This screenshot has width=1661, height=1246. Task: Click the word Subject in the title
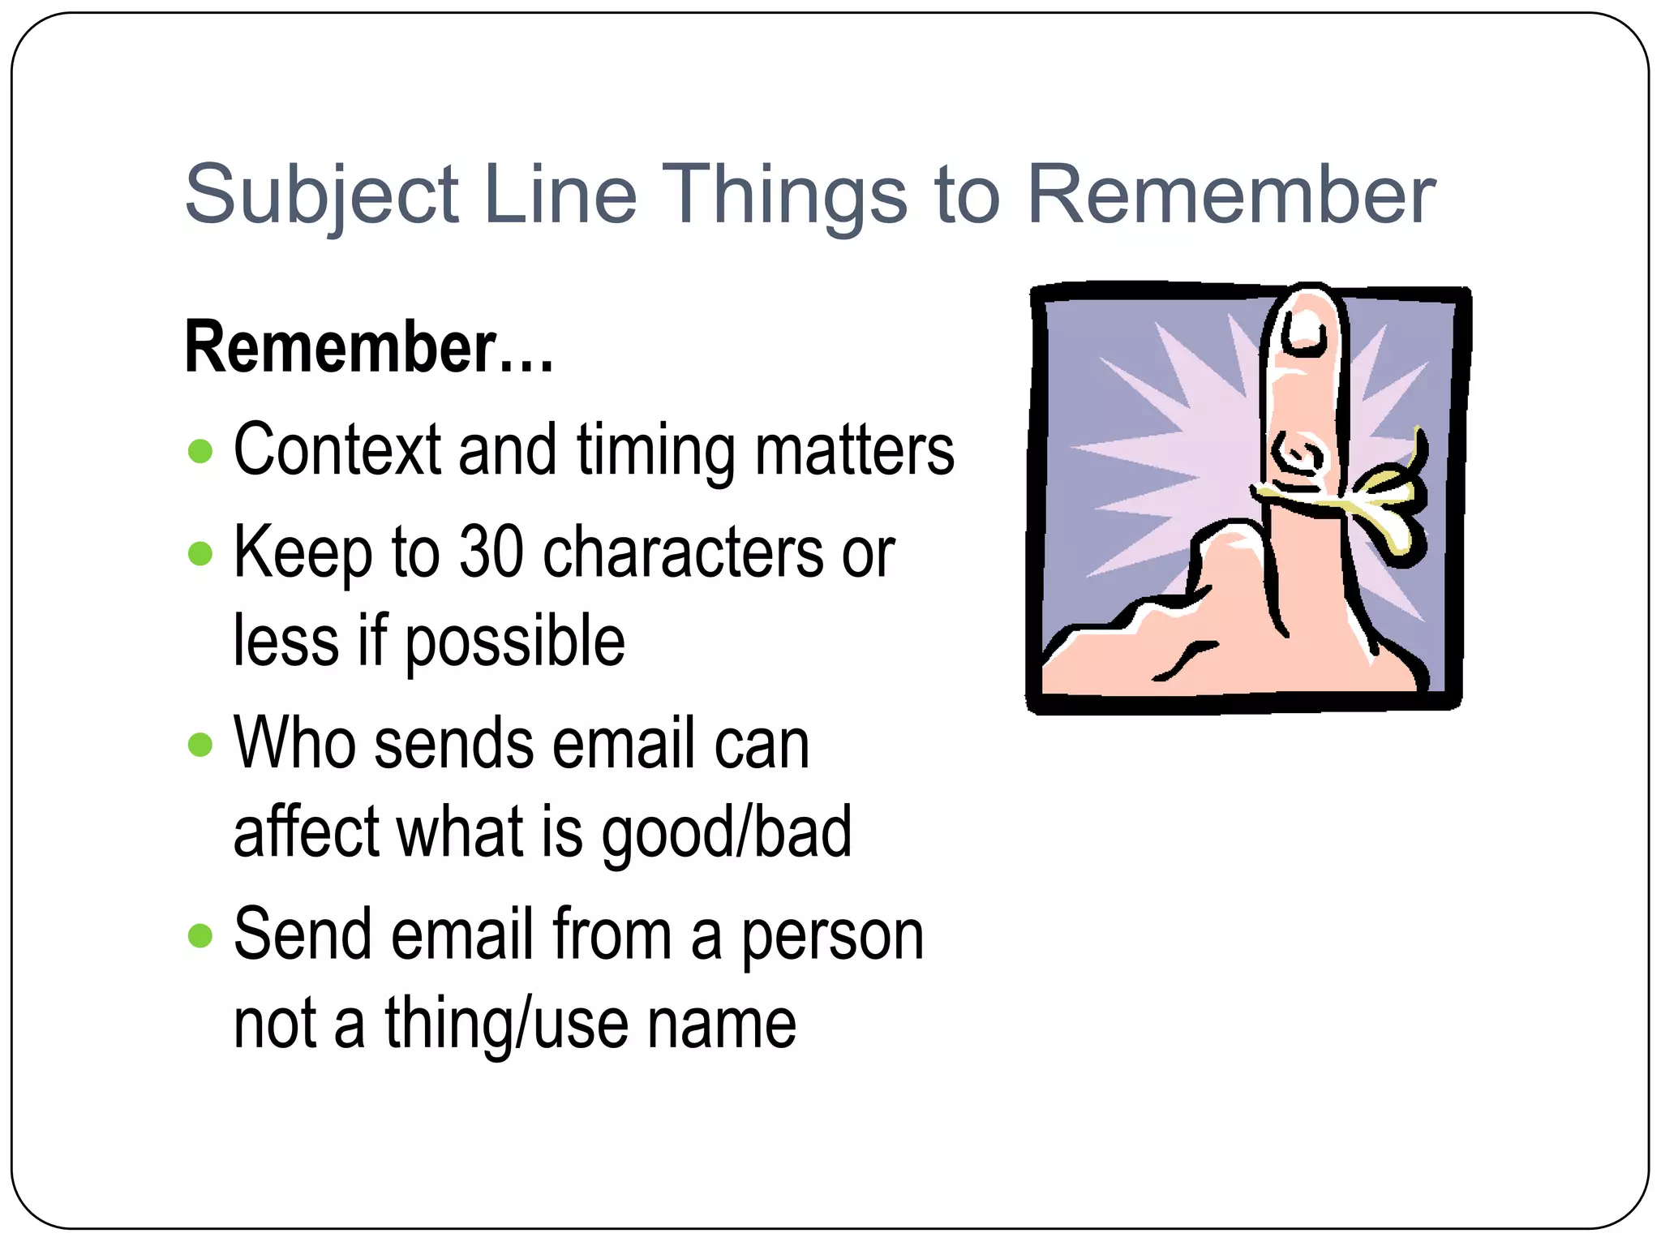322,195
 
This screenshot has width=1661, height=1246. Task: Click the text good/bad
726,832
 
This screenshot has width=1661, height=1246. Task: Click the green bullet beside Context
200,451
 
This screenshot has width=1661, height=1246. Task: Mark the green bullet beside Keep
200,554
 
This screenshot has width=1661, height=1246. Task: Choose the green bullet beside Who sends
200,745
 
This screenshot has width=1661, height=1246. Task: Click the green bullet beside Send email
200,936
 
